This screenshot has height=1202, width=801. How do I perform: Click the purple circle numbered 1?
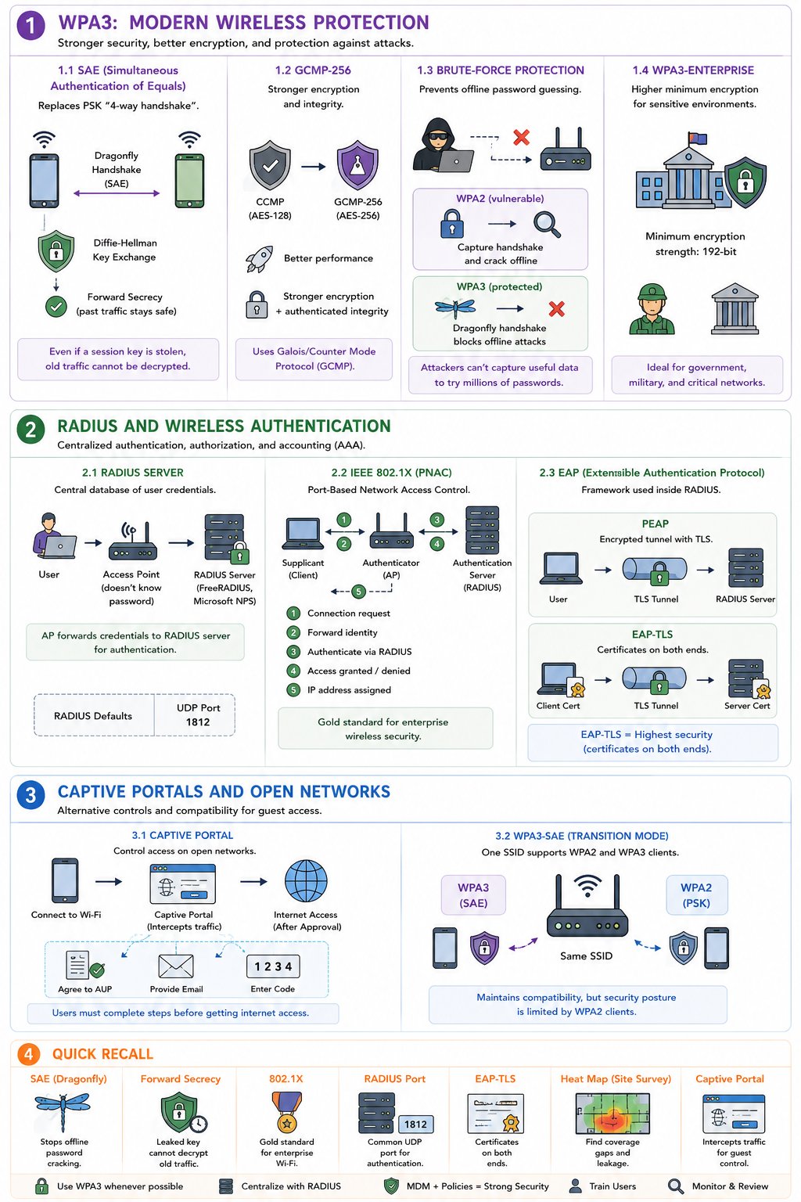pyautogui.click(x=31, y=26)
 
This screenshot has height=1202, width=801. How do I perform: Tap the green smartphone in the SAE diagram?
pyautogui.click(x=189, y=181)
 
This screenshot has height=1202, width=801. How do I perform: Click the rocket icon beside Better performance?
pyautogui.click(x=259, y=259)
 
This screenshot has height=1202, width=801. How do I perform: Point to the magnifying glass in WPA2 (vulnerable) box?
pyautogui.click(x=547, y=225)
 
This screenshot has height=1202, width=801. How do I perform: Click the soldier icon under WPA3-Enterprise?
pyautogui.click(x=652, y=310)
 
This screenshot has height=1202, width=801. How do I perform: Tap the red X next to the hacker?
pyautogui.click(x=521, y=138)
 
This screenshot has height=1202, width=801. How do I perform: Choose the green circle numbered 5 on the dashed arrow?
pyautogui.click(x=358, y=592)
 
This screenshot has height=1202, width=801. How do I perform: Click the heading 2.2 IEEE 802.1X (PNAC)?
pyautogui.click(x=391, y=472)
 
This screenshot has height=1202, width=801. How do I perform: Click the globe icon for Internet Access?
pyautogui.click(x=306, y=881)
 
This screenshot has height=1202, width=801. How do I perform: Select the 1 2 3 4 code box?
pyautogui.click(x=273, y=966)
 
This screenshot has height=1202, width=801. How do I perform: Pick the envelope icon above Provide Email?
pyautogui.click(x=176, y=966)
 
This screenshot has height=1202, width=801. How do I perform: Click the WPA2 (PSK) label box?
pyautogui.click(x=696, y=895)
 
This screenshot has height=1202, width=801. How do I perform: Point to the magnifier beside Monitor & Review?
pyautogui.click(x=676, y=1186)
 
